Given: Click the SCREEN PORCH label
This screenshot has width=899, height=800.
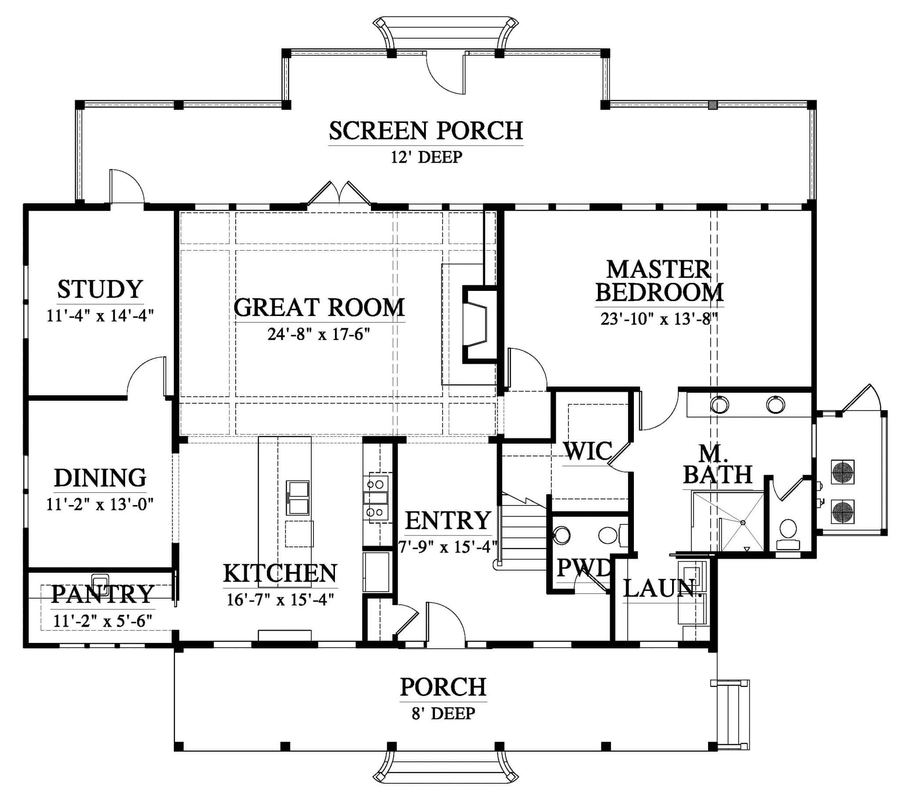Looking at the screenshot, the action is pyautogui.click(x=426, y=131).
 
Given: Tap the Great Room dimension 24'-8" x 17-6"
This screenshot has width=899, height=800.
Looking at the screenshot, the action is pyautogui.click(x=318, y=334).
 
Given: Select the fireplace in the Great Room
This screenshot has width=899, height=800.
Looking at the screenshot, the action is pyautogui.click(x=479, y=324).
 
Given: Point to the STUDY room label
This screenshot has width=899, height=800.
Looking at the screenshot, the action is pyautogui.click(x=100, y=289).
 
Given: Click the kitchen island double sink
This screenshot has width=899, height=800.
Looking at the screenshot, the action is pyautogui.click(x=298, y=497).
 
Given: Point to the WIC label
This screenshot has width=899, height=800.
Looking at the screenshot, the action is pyautogui.click(x=588, y=451).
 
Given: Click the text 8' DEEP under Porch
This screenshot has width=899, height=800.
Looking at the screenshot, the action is pyautogui.click(x=443, y=713).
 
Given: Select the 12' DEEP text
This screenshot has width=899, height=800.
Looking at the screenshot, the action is pyautogui.click(x=426, y=157).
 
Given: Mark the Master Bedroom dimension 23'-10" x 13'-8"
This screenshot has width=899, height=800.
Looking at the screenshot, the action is pyautogui.click(x=658, y=319).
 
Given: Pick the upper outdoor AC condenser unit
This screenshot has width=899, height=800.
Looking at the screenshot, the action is pyautogui.click(x=842, y=472).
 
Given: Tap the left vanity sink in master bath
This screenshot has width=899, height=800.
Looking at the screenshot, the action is pyautogui.click(x=719, y=405).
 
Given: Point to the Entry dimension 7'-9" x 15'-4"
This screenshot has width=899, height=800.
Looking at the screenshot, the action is pyautogui.click(x=447, y=547).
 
